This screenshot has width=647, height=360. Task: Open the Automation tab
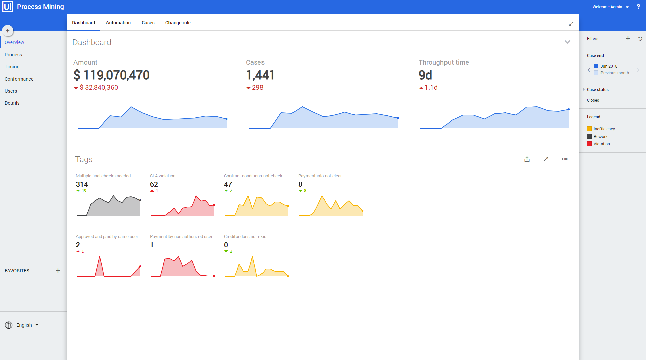[x=118, y=23]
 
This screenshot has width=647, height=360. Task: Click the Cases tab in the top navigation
[x=148, y=23]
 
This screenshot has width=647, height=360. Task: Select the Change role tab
[x=178, y=23]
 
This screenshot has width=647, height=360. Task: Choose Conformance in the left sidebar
[x=19, y=79]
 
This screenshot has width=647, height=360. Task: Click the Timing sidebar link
[x=12, y=67]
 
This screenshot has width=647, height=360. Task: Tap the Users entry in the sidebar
[x=11, y=91]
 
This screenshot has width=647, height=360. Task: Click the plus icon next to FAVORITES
[x=58, y=271]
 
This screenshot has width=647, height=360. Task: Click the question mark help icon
[x=638, y=7]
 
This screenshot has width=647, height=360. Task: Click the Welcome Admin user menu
[x=610, y=7]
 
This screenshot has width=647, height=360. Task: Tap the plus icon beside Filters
[x=628, y=38]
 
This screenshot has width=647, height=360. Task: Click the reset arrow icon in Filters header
[x=640, y=39]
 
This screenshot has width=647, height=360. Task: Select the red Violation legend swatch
[x=589, y=144]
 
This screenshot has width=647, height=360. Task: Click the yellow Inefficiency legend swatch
[x=589, y=129]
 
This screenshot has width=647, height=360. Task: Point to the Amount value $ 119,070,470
[x=112, y=75]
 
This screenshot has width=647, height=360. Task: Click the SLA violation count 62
[x=154, y=184]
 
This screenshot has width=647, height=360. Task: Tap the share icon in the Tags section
[x=527, y=159]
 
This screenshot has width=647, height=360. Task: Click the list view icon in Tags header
[x=565, y=159]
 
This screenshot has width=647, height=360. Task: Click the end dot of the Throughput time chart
[x=569, y=109]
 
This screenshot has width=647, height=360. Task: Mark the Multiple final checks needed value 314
[x=82, y=184]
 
